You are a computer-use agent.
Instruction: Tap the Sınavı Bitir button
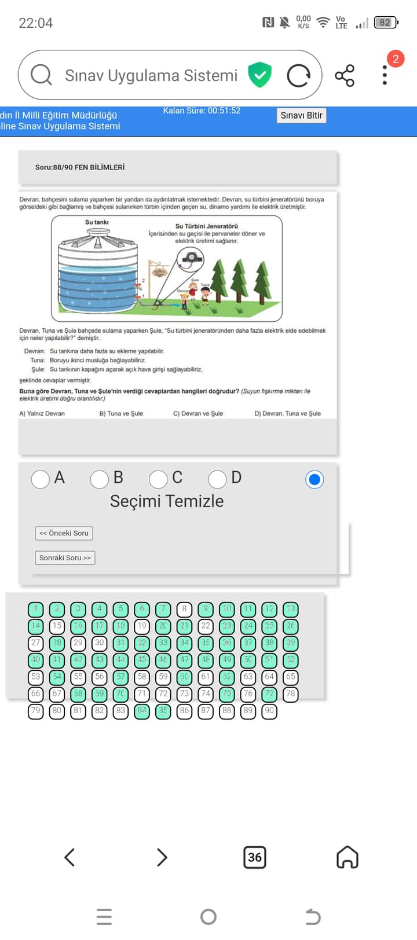(x=301, y=115)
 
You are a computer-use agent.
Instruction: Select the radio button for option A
(x=40, y=479)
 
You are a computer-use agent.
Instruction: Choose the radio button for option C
(x=158, y=479)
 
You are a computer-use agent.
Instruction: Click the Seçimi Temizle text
(x=167, y=501)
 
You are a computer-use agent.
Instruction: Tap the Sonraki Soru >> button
(x=65, y=558)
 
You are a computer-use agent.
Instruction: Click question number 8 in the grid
(x=184, y=609)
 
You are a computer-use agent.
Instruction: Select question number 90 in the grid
(x=269, y=711)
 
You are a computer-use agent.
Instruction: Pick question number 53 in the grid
(x=36, y=677)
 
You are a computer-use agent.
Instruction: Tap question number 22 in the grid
(x=206, y=626)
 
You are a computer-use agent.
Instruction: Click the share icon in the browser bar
(x=345, y=76)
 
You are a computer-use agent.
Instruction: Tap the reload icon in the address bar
(x=299, y=76)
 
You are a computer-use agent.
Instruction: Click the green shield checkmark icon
(x=260, y=75)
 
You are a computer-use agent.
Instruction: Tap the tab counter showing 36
(x=255, y=857)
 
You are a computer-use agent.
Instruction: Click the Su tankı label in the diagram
(x=97, y=222)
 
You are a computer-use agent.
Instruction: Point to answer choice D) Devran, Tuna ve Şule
(x=287, y=413)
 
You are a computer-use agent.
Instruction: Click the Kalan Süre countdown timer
(x=202, y=111)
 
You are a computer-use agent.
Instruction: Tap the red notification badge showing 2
(x=396, y=58)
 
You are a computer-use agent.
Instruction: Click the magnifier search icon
(x=41, y=75)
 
